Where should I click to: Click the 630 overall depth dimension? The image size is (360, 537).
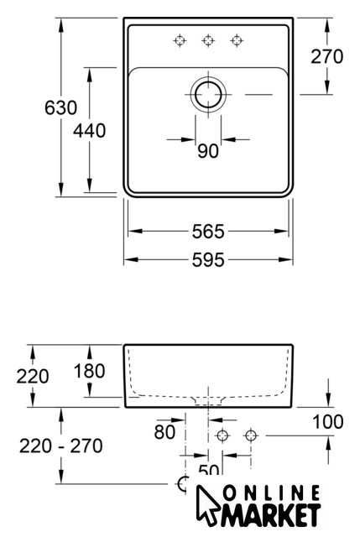coord(61,107)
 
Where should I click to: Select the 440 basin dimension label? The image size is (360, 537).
coord(90,131)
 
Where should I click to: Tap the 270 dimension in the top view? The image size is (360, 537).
coord(326,56)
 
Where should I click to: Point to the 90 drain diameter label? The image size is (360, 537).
coord(208,151)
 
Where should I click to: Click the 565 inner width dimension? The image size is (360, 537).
coord(208,232)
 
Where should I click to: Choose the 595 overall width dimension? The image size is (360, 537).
coord(208,260)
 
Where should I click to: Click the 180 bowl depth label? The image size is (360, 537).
coord(90,371)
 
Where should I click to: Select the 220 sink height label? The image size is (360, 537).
coord(33,377)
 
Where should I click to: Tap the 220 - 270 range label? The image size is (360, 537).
coord(61,446)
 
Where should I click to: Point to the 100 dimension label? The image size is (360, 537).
coord(328,421)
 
